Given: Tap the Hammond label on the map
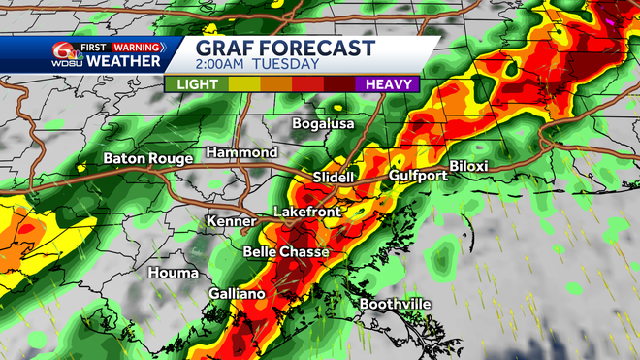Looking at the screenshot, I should (x=241, y=153).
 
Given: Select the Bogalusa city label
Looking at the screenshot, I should (x=324, y=124).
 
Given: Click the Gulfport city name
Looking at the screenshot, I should (x=415, y=176).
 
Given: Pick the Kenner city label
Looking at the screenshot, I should (x=231, y=222).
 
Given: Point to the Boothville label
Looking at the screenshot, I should (x=395, y=304).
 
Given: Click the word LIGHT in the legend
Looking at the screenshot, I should (x=196, y=84).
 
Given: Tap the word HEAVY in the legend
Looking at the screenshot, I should (x=386, y=84).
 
